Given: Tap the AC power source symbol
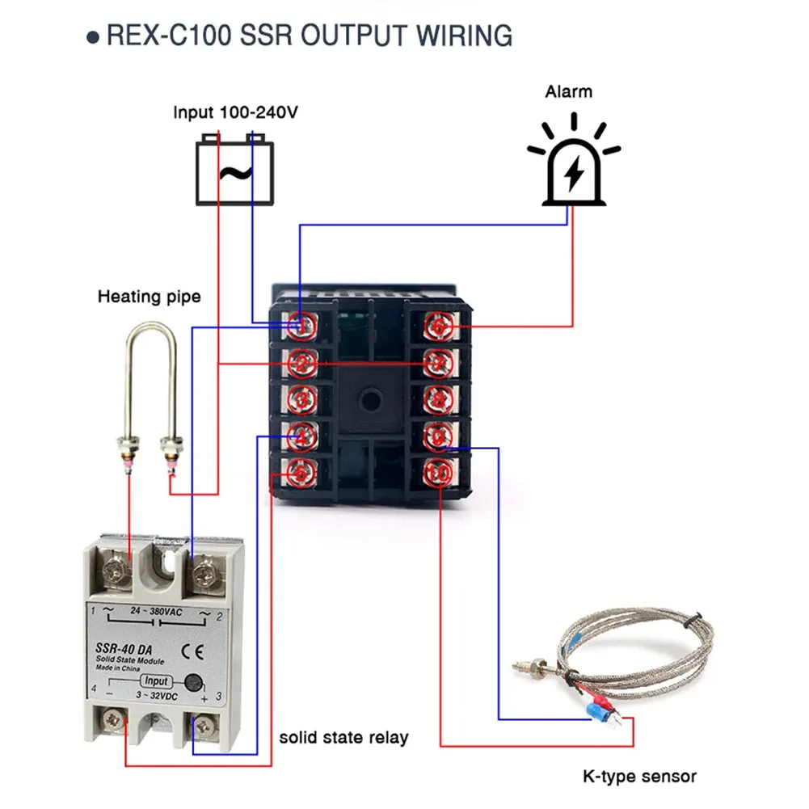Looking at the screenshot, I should coord(234,171).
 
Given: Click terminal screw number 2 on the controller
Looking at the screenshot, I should coord(301,363).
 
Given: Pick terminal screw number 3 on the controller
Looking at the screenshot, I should coord(301,400).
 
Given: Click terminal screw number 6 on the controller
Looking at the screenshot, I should coord(437,326).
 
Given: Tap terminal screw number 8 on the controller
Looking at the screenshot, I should coord(437,400).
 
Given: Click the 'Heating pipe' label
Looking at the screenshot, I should coord(149,297).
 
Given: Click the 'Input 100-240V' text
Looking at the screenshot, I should coord(235,112).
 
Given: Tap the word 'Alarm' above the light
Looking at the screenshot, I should coord(568,91).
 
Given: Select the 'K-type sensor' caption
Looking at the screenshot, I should coord(639,777).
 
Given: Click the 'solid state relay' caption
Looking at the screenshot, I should coord(343,737).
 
